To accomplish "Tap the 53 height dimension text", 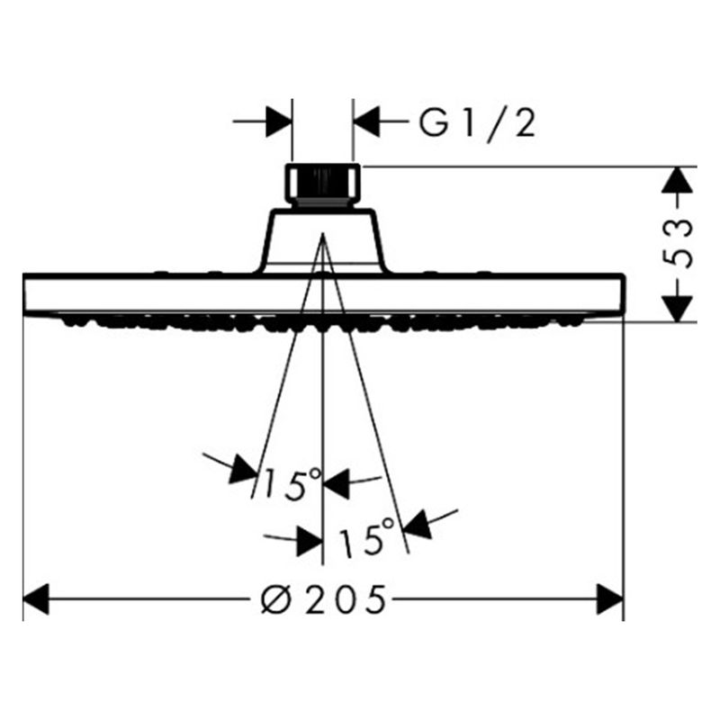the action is tap(678, 243).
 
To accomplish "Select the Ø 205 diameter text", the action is tap(323, 599).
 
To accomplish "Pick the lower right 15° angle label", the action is tap(366, 537).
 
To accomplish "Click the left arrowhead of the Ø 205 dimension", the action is tap(36, 599).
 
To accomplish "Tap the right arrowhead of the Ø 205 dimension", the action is tap(610, 599).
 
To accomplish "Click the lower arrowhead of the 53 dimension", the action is tap(678, 309).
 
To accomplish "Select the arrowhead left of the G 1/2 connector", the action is tap(279, 121).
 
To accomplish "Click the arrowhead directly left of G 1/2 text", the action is tap(366, 121).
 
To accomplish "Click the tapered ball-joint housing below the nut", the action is tap(322, 240).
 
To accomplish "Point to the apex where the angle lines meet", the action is tap(323, 234).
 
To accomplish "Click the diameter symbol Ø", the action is tap(275, 599).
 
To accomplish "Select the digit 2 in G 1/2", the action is tap(525, 123).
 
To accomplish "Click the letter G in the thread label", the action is tap(434, 123).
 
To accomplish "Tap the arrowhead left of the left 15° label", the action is tap(242, 469).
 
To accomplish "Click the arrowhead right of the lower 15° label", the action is tap(418, 525).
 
